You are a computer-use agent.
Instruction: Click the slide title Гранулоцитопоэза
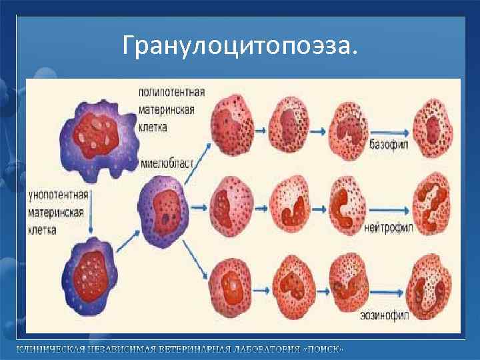tap(240, 45)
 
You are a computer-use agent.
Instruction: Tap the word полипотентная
tap(172, 91)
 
